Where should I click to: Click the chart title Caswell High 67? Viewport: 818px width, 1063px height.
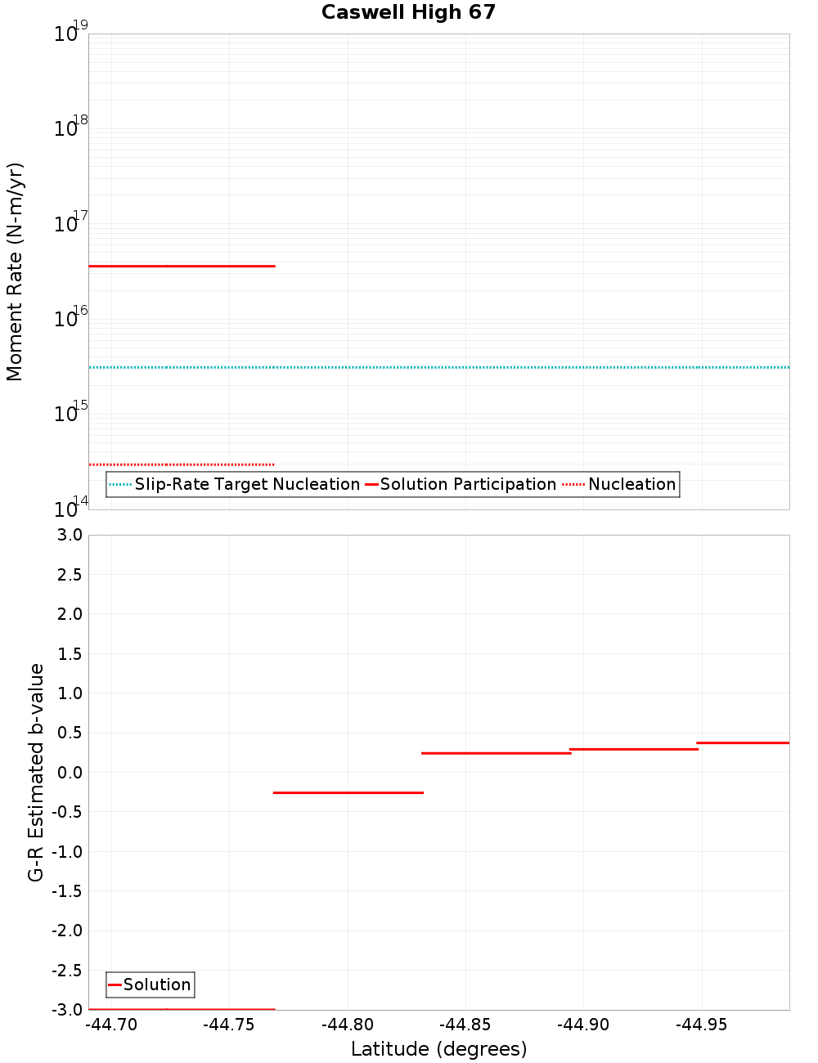coord(408,12)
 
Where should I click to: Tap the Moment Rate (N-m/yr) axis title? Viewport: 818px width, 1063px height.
coord(15,271)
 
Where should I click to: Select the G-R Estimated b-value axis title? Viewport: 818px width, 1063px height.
coord(36,772)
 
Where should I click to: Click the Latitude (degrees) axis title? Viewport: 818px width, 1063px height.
coord(438,1049)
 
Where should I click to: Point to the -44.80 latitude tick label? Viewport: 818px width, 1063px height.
coord(348,1025)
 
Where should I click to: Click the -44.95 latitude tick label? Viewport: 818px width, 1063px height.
coord(701,1025)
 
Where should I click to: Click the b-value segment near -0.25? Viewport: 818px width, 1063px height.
coord(348,792)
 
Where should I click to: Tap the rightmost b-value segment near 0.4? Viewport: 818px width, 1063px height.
coord(743,742)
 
